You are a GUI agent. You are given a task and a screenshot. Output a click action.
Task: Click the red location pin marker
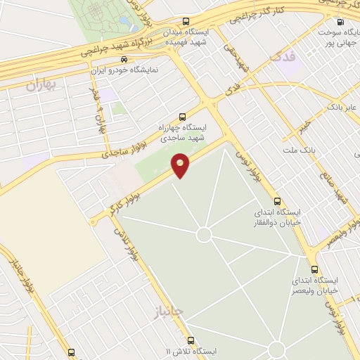pyautogui.click(x=181, y=165)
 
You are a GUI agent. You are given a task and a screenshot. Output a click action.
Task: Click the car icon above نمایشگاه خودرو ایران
pyautogui.click(x=124, y=60)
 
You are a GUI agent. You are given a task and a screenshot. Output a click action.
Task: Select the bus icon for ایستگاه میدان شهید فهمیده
pyautogui.click(x=185, y=21)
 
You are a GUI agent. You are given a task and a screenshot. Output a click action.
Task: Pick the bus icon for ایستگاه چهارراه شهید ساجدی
pyautogui.click(x=183, y=117)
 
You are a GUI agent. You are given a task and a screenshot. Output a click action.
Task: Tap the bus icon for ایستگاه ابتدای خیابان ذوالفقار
pyautogui.click(x=277, y=200)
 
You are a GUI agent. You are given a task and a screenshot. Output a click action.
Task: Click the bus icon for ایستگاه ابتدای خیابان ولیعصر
pyautogui.click(x=314, y=269)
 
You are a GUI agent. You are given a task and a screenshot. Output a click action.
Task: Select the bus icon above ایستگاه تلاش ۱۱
pyautogui.click(x=71, y=352)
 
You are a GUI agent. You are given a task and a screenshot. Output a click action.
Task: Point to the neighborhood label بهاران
pyautogui.click(x=39, y=86)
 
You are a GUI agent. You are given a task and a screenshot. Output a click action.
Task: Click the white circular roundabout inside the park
pyautogui.click(x=204, y=233)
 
